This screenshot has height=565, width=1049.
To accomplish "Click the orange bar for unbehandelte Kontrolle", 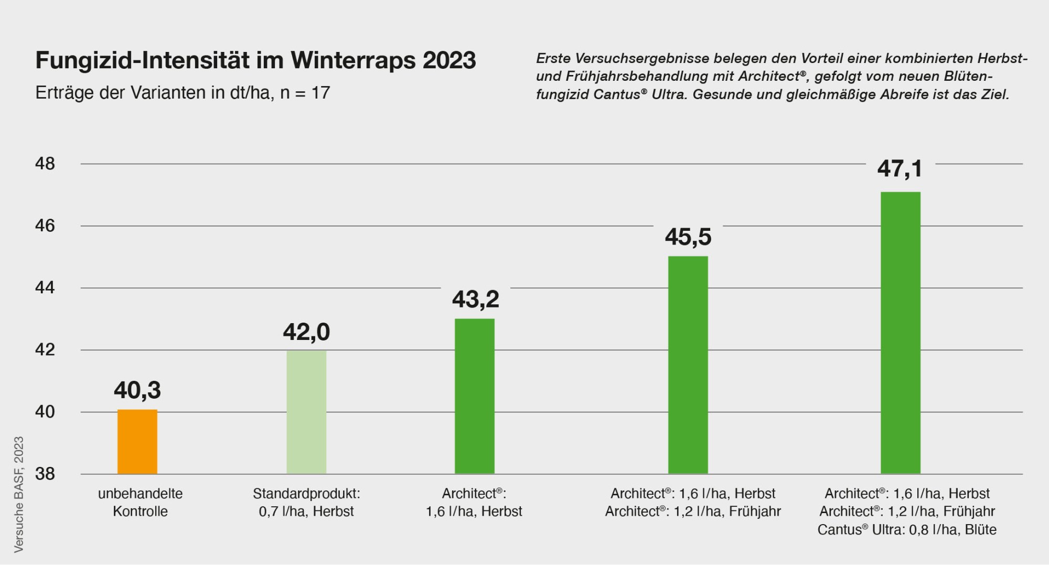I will click(137, 442).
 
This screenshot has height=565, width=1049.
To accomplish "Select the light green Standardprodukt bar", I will click(306, 412).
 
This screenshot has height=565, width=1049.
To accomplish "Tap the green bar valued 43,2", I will click(474, 396).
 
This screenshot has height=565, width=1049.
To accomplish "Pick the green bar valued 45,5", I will click(688, 365).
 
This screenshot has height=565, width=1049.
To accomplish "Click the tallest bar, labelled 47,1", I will click(900, 333).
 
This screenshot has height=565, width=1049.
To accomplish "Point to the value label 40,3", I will click(137, 390).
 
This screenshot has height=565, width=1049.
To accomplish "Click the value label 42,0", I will click(306, 332).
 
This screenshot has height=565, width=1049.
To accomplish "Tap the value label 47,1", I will click(900, 168).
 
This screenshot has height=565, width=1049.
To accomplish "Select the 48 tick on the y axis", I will click(45, 164).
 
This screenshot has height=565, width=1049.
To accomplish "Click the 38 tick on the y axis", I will click(45, 474).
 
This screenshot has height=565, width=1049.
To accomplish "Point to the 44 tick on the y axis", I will click(45, 288).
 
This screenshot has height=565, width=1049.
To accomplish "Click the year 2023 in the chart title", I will click(449, 60).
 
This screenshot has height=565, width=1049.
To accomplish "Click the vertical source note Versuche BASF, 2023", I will click(19, 494).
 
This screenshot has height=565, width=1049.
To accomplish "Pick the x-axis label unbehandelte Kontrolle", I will click(140, 502).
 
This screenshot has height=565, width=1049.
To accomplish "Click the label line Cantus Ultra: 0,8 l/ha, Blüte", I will click(906, 530).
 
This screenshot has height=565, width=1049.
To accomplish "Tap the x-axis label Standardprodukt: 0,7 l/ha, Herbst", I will click(306, 502).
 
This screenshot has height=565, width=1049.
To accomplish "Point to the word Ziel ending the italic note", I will click(994, 95).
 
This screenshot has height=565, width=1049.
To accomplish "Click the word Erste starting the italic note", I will click(552, 58).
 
